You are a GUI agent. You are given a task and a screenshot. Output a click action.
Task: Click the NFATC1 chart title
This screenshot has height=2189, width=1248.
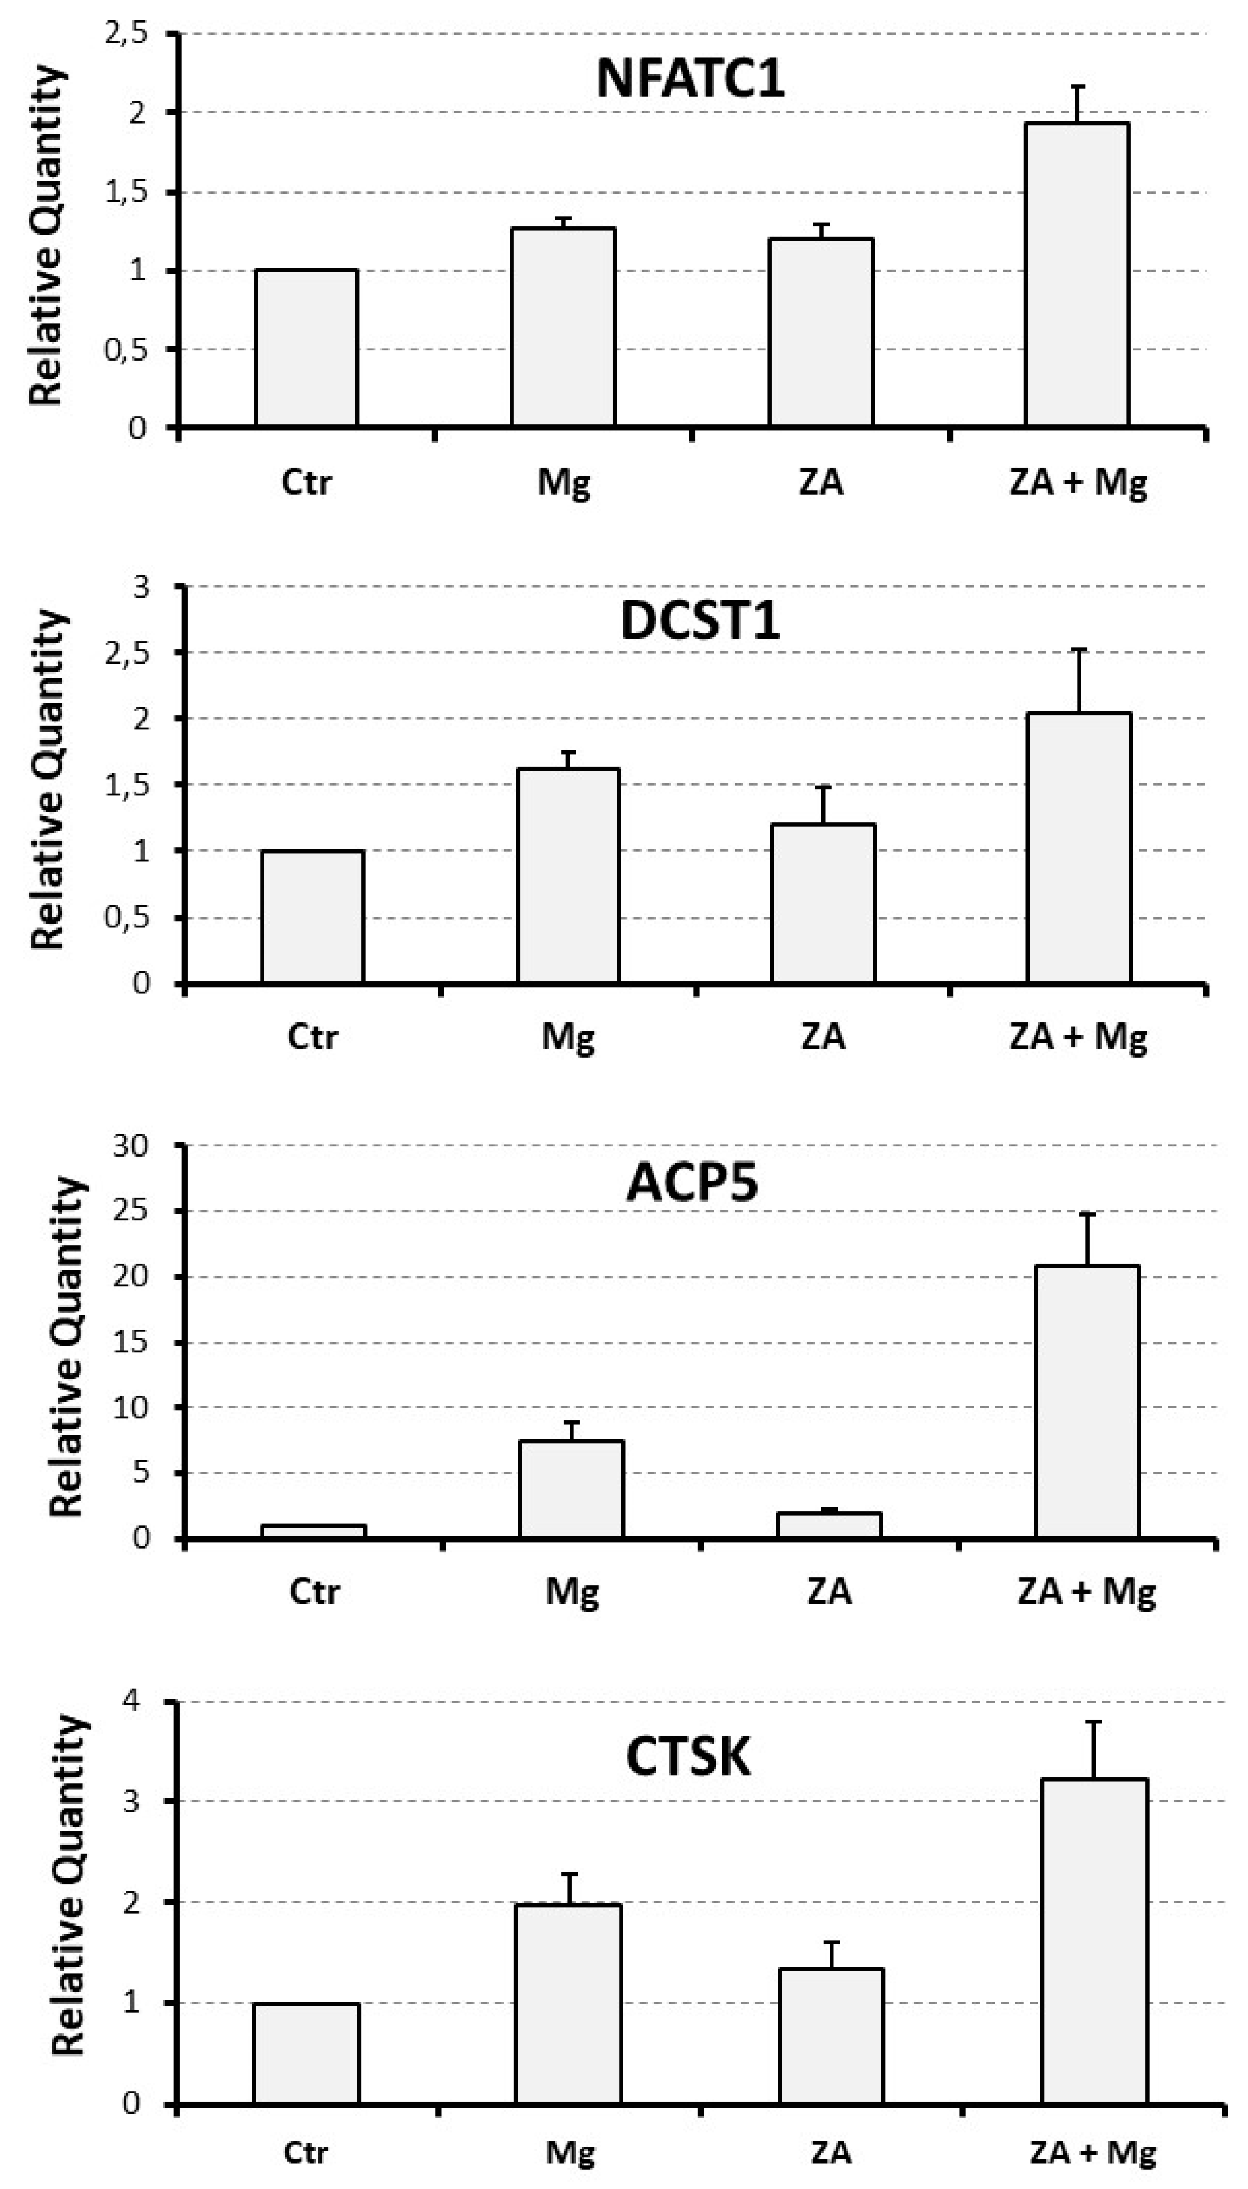690,79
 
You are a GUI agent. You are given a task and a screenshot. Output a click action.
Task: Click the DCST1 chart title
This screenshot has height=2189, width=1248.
700,621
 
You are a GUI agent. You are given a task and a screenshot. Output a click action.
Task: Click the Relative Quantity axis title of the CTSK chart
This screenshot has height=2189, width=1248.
69,1886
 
